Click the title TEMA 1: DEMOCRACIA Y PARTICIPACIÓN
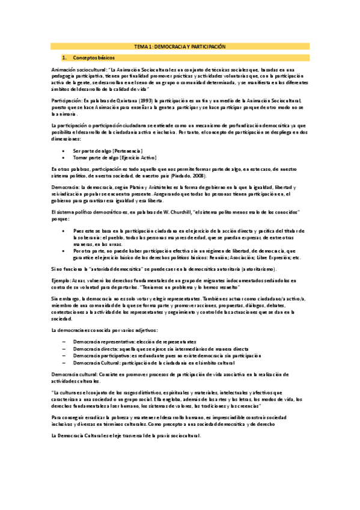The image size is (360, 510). (x=179, y=46)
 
